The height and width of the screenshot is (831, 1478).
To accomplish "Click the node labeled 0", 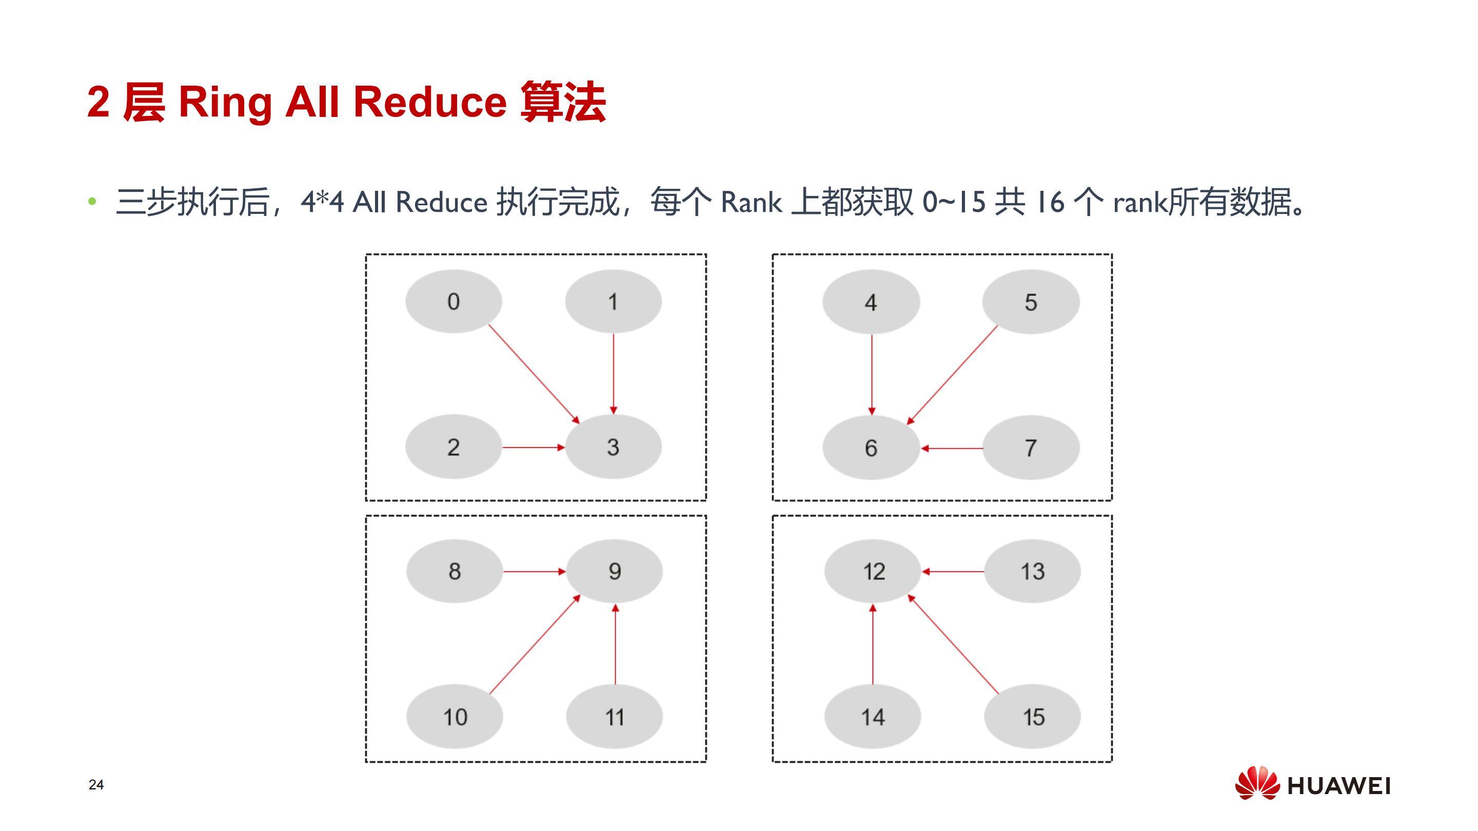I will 454,301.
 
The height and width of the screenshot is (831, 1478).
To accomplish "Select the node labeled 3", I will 613,447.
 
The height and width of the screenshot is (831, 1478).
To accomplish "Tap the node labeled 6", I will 871,448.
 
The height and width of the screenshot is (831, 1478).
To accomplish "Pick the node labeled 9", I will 615,571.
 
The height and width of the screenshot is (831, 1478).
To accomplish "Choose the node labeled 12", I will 873,571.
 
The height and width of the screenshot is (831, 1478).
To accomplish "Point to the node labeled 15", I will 1033,717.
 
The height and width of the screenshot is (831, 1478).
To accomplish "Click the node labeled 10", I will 455,717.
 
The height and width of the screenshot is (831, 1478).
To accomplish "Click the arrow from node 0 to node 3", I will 534,374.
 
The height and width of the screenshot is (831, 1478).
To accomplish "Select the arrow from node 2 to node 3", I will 533,447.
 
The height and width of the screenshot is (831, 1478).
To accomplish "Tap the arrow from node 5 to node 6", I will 953,375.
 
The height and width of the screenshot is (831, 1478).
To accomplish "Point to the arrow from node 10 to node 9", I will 535,644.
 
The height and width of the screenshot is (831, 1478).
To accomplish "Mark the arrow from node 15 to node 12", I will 953,644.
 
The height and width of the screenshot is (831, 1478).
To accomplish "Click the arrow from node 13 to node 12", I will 953,571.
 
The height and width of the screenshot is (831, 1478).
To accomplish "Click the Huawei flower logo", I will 1256,783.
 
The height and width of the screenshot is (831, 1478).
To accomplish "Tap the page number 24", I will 96,784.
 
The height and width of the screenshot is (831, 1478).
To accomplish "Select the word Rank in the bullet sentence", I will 751,202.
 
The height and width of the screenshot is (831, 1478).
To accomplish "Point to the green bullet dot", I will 92,202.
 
